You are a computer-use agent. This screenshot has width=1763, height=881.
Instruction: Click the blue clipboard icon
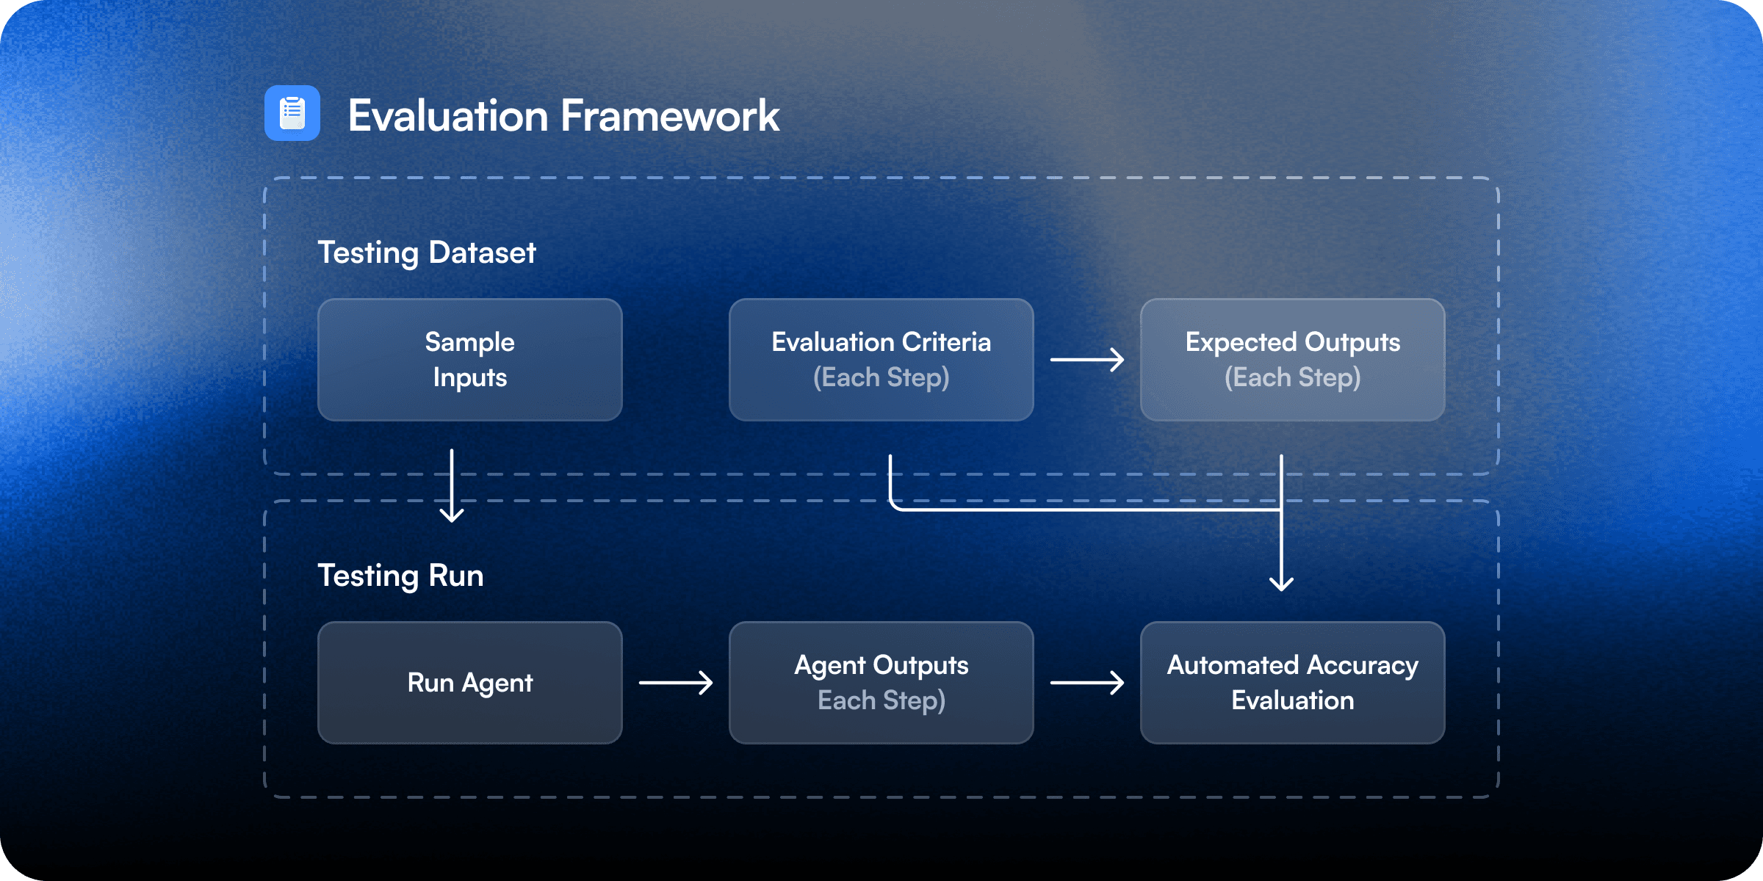[292, 113]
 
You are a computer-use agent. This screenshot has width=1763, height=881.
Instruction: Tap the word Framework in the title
[670, 116]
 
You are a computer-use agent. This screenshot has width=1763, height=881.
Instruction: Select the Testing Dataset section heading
[426, 253]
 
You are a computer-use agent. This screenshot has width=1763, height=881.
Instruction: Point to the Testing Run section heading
[400, 576]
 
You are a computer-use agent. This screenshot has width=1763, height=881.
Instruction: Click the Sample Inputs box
[470, 360]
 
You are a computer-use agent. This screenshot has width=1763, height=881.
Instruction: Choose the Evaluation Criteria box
[881, 360]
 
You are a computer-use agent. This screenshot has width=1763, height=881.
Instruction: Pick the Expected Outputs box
[1293, 360]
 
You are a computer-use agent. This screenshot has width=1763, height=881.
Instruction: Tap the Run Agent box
[470, 683]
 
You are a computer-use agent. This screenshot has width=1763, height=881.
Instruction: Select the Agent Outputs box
[881, 683]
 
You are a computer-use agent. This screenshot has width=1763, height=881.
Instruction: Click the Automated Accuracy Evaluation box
[1293, 683]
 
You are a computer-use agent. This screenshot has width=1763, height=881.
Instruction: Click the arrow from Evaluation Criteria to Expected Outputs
[1087, 360]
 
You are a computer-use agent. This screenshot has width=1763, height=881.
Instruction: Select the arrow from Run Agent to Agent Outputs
[676, 683]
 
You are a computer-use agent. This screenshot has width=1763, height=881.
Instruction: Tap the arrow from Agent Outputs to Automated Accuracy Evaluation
[1087, 683]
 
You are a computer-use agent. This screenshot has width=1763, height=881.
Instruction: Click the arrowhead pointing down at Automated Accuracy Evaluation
[1282, 584]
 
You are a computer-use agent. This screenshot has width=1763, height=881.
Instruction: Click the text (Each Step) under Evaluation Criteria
[881, 378]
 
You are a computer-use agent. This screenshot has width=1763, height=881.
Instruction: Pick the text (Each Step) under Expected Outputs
[1293, 378]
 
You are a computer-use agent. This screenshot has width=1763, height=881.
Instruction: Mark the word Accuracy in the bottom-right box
[1363, 665]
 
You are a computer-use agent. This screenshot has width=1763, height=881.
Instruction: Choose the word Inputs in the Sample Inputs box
[470, 378]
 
